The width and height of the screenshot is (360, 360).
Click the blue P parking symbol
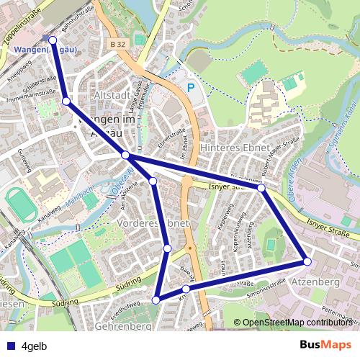(x=191, y=88)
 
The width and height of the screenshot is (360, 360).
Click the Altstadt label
(x=112, y=95)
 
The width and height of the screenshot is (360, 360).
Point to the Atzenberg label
(x=315, y=283)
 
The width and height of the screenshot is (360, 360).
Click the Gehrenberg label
(x=122, y=327)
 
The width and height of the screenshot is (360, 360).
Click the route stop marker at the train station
(x=52, y=39)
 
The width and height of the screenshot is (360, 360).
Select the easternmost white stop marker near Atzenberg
(x=307, y=261)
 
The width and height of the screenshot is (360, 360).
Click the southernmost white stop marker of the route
(x=156, y=300)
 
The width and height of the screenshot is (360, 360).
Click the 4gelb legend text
(x=35, y=346)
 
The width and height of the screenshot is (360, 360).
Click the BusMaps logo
(x=325, y=345)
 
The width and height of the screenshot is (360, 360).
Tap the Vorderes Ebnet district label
(x=152, y=225)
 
